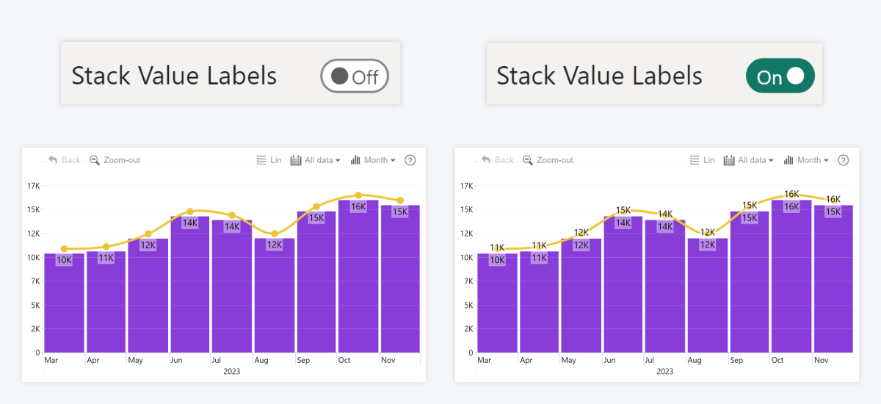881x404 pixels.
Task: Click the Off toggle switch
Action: [354, 76]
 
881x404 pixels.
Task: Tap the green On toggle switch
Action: [780, 76]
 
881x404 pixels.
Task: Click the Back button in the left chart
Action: [65, 160]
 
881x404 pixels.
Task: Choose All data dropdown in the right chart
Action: [748, 160]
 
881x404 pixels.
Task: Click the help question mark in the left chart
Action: [410, 160]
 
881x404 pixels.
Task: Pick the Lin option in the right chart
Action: [703, 160]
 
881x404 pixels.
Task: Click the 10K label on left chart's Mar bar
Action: [64, 260]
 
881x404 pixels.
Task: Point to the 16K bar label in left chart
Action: [358, 207]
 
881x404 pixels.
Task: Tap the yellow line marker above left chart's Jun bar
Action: [190, 212]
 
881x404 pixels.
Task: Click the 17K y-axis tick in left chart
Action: [34, 186]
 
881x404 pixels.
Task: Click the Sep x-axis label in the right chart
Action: [736, 361]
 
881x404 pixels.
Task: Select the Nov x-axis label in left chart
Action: [388, 361]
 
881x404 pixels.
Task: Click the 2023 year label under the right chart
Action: [664, 372]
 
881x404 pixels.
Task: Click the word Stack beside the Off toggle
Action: [101, 76]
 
